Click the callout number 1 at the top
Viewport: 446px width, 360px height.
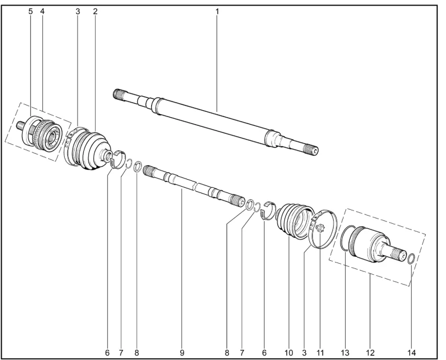click(217, 12)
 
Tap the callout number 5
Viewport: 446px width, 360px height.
click(31, 12)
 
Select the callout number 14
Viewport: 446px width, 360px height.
click(412, 353)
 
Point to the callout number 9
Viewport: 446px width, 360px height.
click(182, 353)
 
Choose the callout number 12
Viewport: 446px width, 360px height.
click(370, 353)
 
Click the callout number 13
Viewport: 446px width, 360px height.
click(345, 353)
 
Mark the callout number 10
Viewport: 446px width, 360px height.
click(288, 353)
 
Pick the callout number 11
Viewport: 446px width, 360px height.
click(320, 353)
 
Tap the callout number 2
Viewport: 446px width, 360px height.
click(95, 12)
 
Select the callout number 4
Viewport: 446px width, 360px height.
click(42, 12)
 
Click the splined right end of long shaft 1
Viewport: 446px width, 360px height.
click(312, 150)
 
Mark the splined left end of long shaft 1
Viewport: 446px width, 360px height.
click(119, 94)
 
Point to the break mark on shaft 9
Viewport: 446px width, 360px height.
click(195, 187)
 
